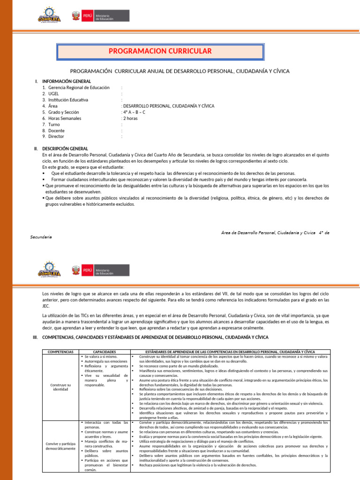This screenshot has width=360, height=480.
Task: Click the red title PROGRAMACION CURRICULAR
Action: click(160, 51)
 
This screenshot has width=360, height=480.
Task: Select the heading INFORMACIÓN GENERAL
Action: click(66, 81)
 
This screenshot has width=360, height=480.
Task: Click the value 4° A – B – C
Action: click(134, 112)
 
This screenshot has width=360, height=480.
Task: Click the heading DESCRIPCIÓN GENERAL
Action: click(65, 149)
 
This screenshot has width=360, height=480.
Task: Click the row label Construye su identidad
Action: click(60, 387)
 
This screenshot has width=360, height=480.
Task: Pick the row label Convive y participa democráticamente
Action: click(60, 446)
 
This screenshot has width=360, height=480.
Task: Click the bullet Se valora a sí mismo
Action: click(98, 357)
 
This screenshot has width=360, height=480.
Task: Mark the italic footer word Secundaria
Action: click(41, 237)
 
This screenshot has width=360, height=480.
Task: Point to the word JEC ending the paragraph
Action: click(46, 305)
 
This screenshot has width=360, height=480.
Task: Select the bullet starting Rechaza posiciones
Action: click(198, 465)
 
